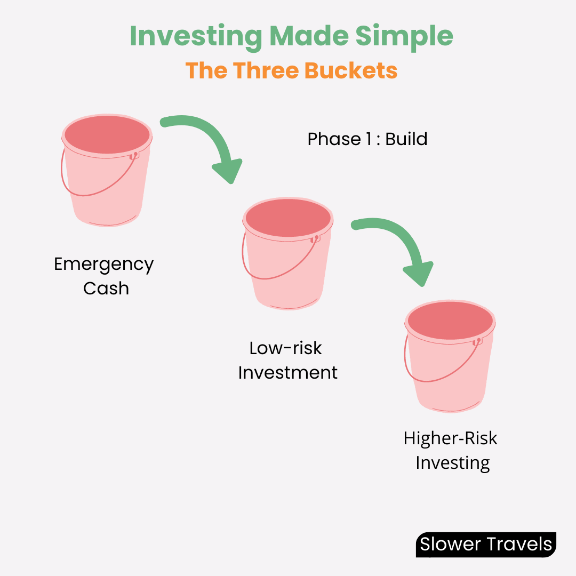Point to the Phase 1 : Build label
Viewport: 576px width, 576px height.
pyautogui.click(x=367, y=139)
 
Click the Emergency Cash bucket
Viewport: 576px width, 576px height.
pyautogui.click(x=107, y=176)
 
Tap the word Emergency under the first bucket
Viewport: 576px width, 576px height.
pyautogui.click(x=103, y=264)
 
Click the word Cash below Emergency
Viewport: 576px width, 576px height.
pyautogui.click(x=106, y=289)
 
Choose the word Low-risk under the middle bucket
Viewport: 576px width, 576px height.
pyautogui.click(x=286, y=348)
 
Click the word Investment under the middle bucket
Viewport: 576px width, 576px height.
pyautogui.click(x=287, y=372)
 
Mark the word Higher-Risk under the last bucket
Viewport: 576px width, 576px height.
pyautogui.click(x=450, y=438)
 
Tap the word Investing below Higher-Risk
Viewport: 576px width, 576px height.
pyautogui.click(x=452, y=462)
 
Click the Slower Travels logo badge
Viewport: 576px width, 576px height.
pyautogui.click(x=485, y=545)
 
